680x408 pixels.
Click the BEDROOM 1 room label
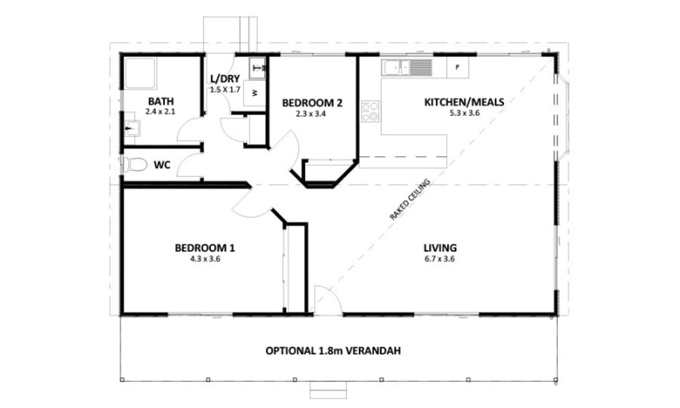pos(205,248)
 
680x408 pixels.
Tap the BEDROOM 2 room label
pos(312,103)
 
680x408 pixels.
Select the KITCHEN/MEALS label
pos(464,102)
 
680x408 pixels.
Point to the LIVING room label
pos(440,248)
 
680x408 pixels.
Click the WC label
pos(162,165)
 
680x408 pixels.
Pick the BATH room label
pos(161,101)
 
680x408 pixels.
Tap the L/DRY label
pos(225,79)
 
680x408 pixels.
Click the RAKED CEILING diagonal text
pos(410,199)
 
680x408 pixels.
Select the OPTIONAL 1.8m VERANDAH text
pos(333,351)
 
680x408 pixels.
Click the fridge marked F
pos(457,67)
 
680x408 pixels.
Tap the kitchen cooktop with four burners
pos(370,112)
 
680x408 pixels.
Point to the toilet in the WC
pos(134,164)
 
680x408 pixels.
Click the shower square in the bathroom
pos(141,73)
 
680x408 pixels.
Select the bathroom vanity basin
pos(133,128)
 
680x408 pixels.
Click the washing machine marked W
pos(254,93)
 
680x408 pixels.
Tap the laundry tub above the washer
pos(257,68)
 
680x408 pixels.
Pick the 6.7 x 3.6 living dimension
pos(440,259)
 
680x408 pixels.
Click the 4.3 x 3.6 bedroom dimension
pos(205,259)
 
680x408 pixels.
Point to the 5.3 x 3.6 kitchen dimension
pos(465,113)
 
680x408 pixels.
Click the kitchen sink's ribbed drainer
pos(420,67)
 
